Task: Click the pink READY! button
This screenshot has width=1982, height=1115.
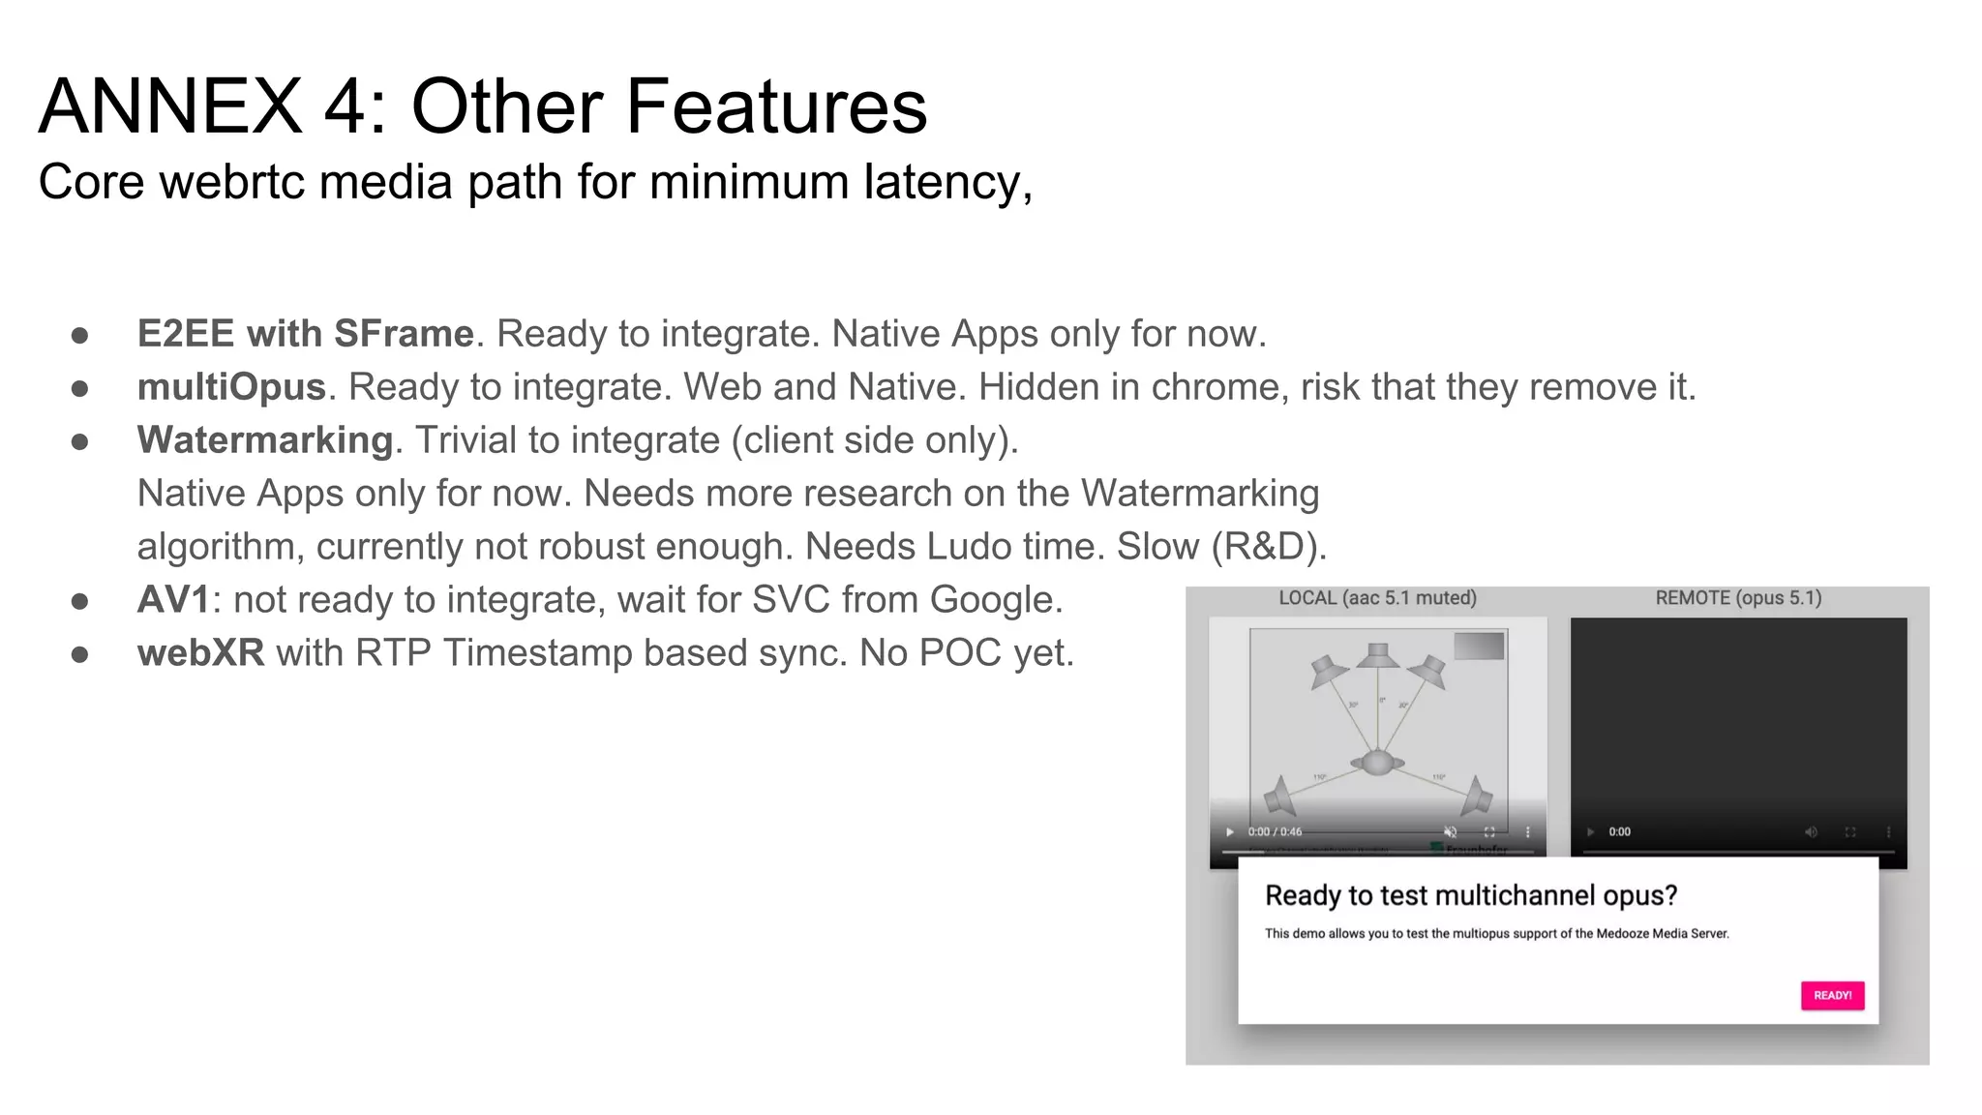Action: (x=1832, y=995)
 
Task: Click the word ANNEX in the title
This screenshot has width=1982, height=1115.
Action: (x=170, y=105)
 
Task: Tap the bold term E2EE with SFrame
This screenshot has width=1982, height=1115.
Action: (x=306, y=334)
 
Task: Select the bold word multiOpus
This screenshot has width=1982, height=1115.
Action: (x=231, y=387)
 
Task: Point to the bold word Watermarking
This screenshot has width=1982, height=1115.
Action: (x=265, y=440)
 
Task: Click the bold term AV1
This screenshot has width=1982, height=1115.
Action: (x=173, y=600)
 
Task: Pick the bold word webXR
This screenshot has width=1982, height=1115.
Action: (x=200, y=653)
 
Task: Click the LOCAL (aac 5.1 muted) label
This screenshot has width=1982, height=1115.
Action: (x=1377, y=598)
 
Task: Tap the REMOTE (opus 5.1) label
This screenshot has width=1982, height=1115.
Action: (x=1738, y=598)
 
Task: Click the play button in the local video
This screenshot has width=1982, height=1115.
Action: (x=1230, y=831)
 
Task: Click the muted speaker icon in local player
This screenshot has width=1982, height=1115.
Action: (x=1450, y=831)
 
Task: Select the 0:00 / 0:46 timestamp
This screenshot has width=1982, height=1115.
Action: (x=1275, y=831)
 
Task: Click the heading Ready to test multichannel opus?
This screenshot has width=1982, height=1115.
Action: (x=1471, y=895)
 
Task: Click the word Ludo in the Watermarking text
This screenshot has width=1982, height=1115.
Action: (x=968, y=547)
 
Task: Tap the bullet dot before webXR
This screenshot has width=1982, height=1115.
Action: (x=80, y=654)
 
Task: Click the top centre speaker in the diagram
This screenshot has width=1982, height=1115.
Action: (x=1376, y=657)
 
